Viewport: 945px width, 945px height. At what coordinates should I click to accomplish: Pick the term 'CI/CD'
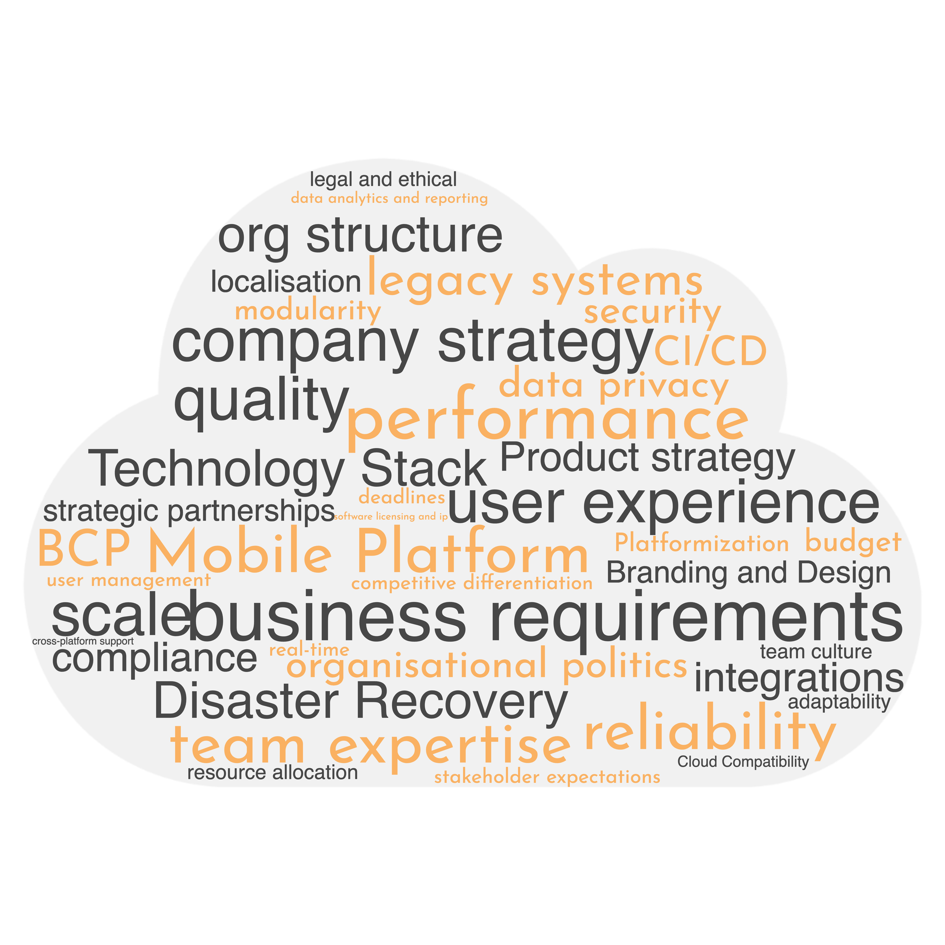710,351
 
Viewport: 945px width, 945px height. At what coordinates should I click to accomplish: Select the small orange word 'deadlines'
402,497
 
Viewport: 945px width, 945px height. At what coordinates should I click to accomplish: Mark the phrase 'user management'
129,581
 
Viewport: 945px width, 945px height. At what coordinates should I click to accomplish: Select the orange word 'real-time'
309,650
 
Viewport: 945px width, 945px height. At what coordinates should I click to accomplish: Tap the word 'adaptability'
839,702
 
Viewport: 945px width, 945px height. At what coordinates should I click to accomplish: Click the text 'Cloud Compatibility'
743,762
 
